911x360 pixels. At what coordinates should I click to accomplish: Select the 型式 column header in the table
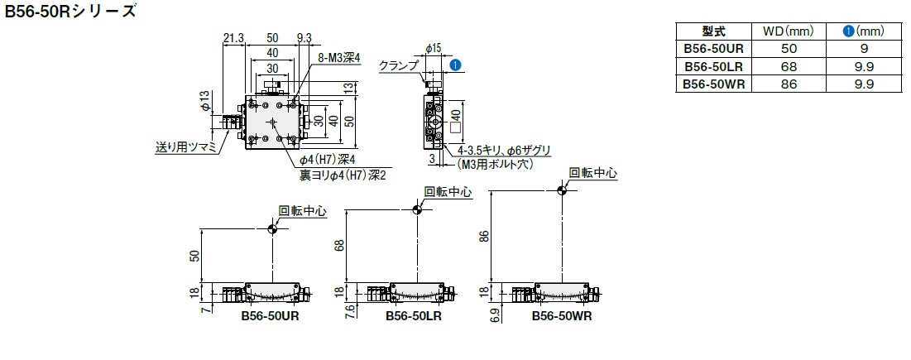713,31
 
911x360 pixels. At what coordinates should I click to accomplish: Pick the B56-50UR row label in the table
713,50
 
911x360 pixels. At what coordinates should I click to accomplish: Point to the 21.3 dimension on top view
233,36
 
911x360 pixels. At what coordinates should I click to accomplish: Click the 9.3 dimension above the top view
303,36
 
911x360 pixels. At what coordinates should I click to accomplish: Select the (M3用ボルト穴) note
495,164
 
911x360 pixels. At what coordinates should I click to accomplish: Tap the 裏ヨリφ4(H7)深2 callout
343,175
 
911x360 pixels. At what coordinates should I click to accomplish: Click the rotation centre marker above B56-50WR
562,190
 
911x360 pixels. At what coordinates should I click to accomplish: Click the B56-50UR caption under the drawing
270,315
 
